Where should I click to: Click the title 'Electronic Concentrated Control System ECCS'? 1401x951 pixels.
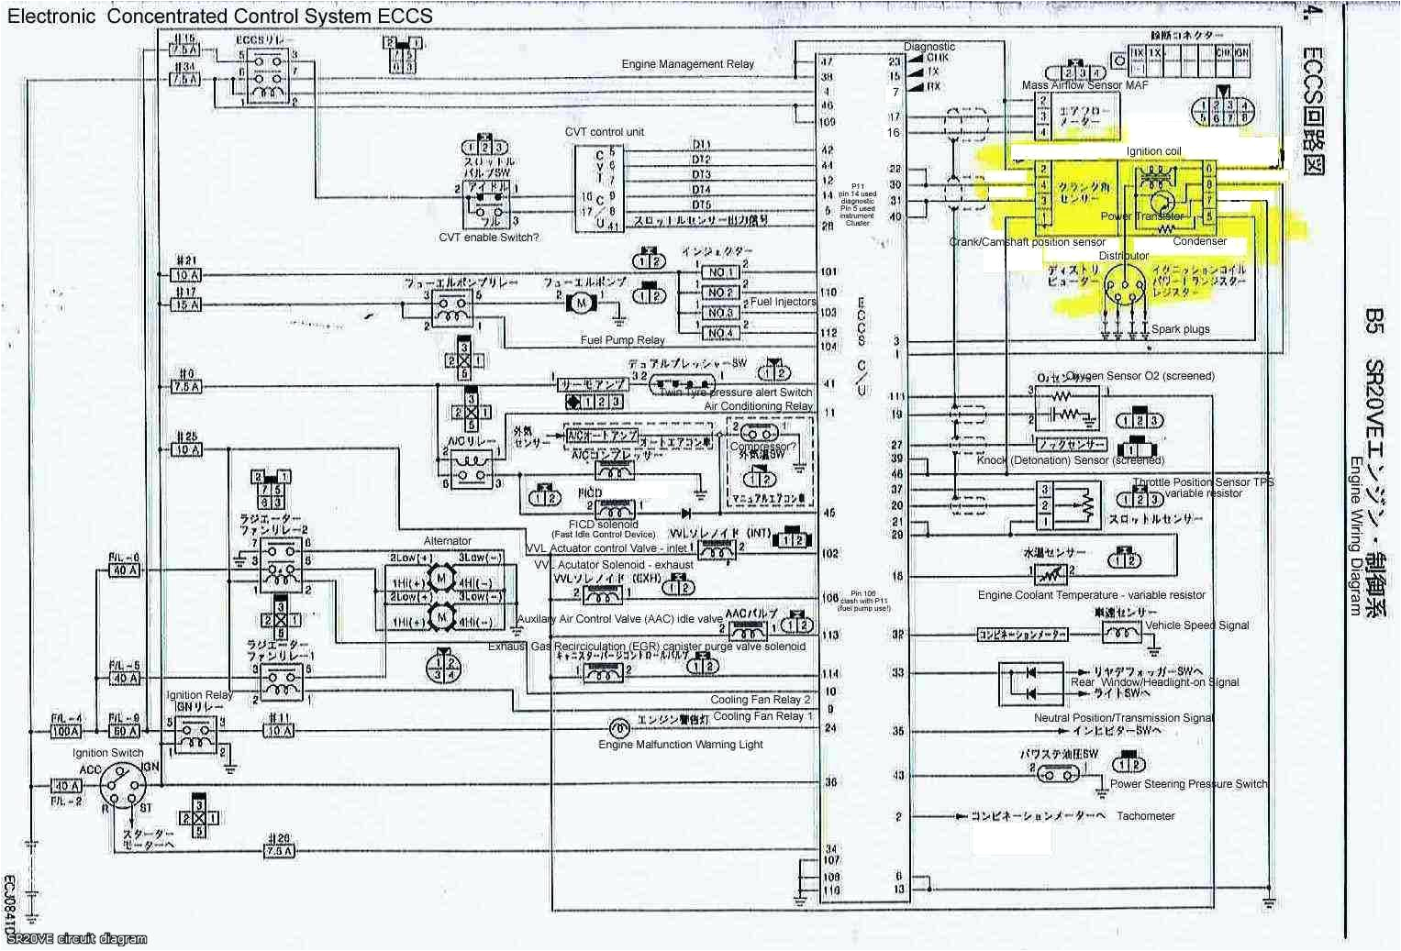(220, 16)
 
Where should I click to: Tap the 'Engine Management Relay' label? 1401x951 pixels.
(687, 64)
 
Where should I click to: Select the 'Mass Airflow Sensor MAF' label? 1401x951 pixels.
(1084, 85)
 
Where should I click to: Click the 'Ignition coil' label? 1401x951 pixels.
(1153, 151)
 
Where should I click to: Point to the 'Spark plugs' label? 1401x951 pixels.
(1180, 329)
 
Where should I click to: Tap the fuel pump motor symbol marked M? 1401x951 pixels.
(580, 303)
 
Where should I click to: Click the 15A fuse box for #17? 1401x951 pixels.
(186, 304)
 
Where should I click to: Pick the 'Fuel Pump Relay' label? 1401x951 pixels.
(622, 340)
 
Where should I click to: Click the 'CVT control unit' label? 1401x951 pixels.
(604, 132)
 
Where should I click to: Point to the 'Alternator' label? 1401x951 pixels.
(447, 541)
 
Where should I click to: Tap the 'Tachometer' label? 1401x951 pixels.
(1145, 816)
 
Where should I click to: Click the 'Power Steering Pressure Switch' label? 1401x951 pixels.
(1188, 784)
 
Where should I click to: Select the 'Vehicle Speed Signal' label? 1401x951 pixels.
(1196, 625)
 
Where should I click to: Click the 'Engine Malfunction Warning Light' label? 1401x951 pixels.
(680, 745)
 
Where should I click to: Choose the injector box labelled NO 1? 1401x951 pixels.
(720, 272)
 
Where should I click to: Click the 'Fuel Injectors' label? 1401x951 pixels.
(783, 302)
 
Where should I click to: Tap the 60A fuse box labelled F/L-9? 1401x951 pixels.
(124, 732)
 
